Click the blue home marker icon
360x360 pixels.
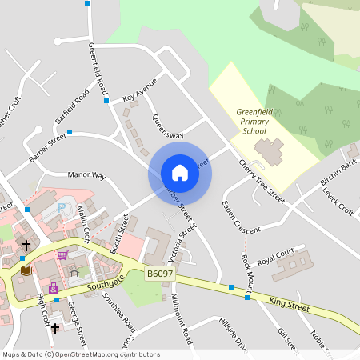(180, 172)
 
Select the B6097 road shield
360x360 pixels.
(160, 274)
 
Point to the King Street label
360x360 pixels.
(289, 302)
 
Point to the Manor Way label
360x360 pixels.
(86, 174)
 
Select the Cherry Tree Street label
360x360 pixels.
(262, 181)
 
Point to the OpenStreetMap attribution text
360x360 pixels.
(80, 354)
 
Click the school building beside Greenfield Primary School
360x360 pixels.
(268, 149)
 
